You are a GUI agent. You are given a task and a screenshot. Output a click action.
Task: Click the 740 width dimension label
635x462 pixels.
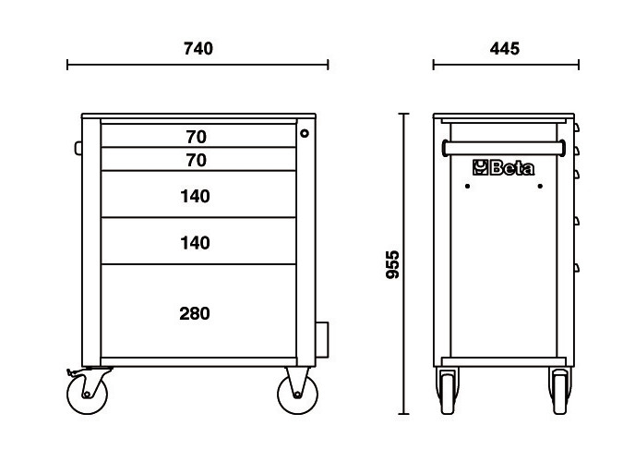[x=198, y=49]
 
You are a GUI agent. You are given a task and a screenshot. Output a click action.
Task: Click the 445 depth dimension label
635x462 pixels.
[x=505, y=49]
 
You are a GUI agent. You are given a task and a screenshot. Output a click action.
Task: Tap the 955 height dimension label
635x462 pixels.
[x=392, y=264]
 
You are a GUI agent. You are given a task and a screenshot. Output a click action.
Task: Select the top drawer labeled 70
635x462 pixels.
[x=198, y=136]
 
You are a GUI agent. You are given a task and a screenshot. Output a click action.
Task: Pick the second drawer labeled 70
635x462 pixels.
[x=198, y=159]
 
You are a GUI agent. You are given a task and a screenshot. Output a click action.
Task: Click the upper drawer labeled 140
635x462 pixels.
[x=198, y=195]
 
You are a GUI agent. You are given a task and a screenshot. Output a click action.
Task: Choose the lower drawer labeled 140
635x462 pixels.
[x=198, y=241]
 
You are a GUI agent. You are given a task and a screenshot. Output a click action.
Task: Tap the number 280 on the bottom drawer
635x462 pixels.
[x=195, y=313]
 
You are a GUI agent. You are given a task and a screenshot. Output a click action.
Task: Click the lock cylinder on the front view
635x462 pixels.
[x=305, y=133]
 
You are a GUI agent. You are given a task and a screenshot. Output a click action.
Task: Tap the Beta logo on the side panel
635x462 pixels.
[x=503, y=167]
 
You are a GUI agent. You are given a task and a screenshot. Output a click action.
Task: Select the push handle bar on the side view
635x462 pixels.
[x=504, y=149]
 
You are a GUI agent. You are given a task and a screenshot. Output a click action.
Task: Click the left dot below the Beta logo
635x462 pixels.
[x=467, y=186]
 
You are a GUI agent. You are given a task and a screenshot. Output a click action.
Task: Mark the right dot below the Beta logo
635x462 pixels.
[x=540, y=186]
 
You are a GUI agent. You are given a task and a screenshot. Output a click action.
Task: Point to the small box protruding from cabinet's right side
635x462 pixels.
[x=322, y=340]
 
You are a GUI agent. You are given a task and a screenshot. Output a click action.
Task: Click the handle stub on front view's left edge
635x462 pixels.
[x=78, y=148]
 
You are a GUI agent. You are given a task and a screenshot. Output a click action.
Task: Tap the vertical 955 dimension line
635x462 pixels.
[x=403, y=264]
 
